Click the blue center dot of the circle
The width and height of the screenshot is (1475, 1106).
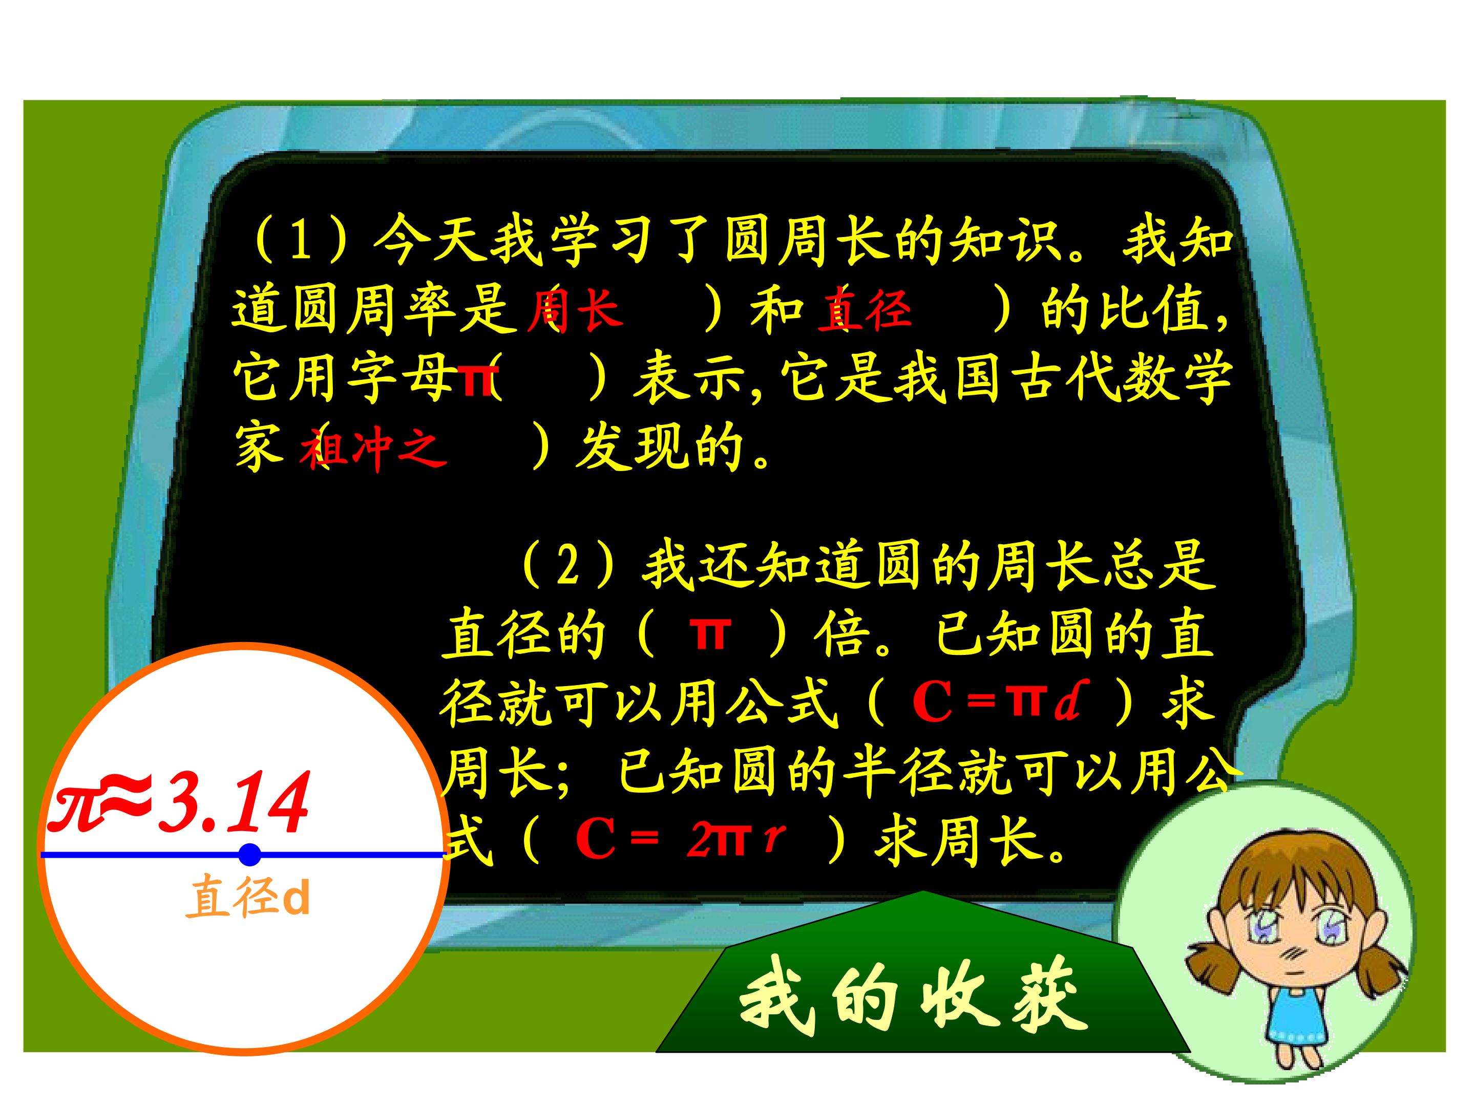click(249, 854)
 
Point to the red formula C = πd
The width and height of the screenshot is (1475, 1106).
click(996, 704)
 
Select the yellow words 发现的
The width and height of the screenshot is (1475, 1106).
click(660, 448)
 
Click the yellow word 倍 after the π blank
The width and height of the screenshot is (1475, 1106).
click(842, 634)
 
